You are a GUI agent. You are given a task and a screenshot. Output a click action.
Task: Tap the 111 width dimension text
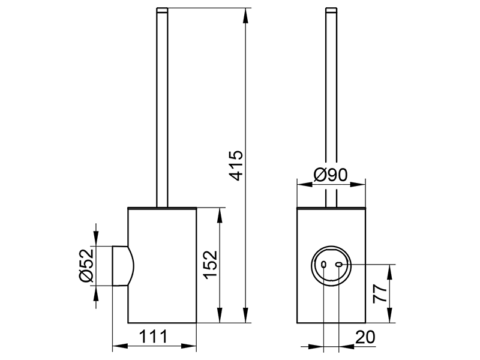point(155,337)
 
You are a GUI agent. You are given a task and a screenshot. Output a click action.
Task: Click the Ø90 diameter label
point(331,176)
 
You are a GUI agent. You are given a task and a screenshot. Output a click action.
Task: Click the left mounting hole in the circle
point(325,265)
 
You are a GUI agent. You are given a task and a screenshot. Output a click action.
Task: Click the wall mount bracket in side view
point(122,266)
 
